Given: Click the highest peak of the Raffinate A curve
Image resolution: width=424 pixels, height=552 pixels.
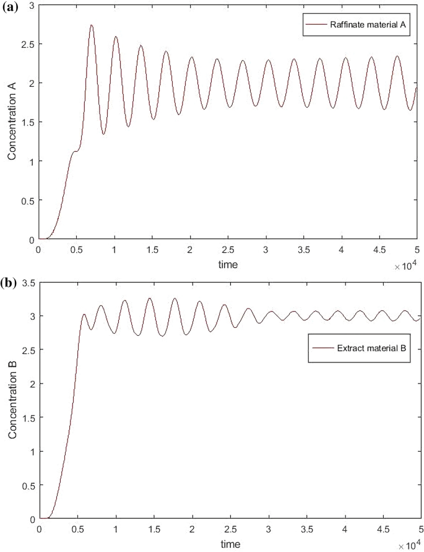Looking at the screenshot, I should (91, 25).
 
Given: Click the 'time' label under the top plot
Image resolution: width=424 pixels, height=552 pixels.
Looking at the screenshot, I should (228, 264).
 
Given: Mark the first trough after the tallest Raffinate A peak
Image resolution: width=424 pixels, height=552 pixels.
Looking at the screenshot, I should (103, 134).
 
